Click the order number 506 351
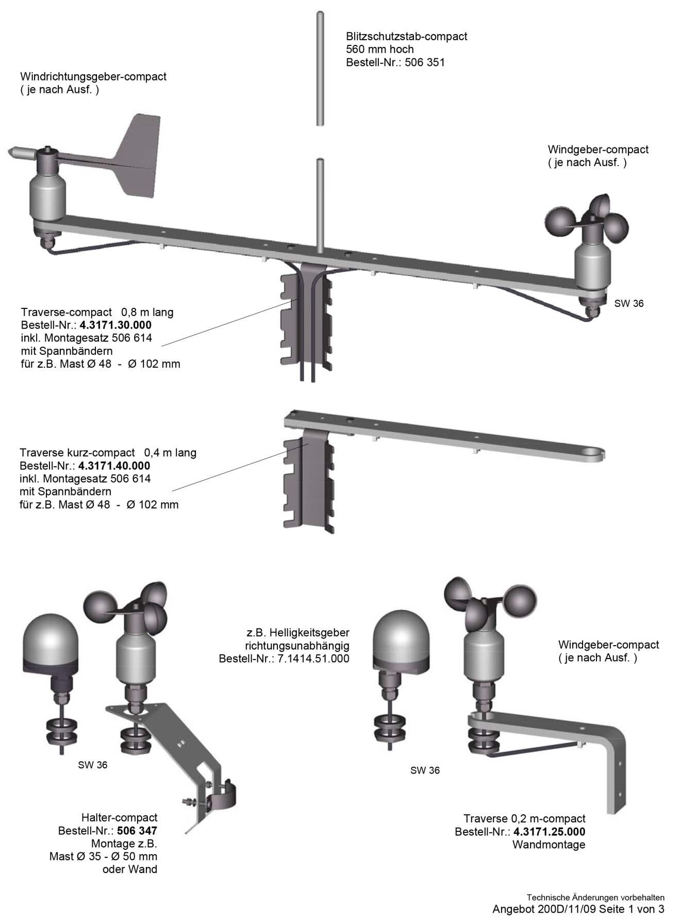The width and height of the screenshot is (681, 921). pos(425,63)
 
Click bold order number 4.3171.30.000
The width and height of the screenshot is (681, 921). pos(115,325)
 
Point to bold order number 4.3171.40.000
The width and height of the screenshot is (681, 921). pos(114,466)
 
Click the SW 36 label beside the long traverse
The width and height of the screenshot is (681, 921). pos(629,304)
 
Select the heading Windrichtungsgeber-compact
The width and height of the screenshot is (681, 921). pos(93,77)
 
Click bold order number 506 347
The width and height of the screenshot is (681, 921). pos(137,831)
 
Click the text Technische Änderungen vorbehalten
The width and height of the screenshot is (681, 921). pos(595,897)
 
